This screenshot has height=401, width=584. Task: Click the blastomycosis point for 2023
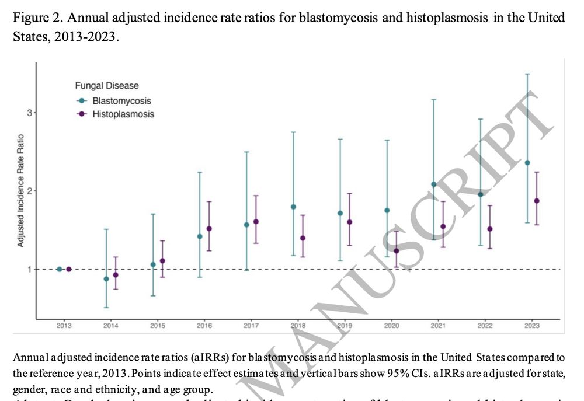(x=527, y=163)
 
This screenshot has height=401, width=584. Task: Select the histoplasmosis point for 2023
(x=537, y=201)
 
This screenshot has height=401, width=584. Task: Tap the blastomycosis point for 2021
(x=433, y=184)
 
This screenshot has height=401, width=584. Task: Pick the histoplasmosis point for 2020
(x=396, y=251)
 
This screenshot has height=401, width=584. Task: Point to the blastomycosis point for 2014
(x=106, y=279)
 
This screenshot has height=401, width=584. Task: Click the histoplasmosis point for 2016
(x=209, y=229)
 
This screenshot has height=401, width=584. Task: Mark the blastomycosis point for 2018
(x=293, y=207)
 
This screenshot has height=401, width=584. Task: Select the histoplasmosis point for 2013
(x=69, y=269)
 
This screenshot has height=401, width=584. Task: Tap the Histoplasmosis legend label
(x=123, y=114)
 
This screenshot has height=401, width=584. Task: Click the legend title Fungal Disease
(x=107, y=86)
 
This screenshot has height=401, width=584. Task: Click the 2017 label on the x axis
(x=251, y=325)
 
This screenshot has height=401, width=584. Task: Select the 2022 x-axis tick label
(x=485, y=325)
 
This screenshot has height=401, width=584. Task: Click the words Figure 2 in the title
(x=33, y=18)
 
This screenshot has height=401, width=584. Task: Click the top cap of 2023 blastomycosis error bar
(x=527, y=74)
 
